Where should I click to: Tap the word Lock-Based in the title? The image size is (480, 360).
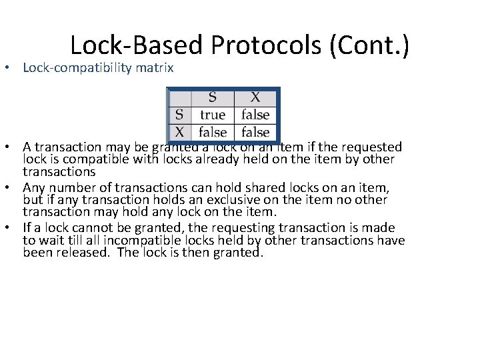136,45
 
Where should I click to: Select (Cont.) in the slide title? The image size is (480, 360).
369,45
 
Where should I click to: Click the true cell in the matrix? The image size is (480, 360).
213,115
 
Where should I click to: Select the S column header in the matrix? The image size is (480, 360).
213,97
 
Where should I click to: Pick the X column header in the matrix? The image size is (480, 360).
255,97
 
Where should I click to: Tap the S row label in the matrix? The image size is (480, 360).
179,115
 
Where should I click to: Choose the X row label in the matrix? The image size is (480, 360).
179,132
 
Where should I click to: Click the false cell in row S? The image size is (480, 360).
255,115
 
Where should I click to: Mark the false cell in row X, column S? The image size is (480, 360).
213,132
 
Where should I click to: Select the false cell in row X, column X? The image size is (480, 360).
255,132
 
